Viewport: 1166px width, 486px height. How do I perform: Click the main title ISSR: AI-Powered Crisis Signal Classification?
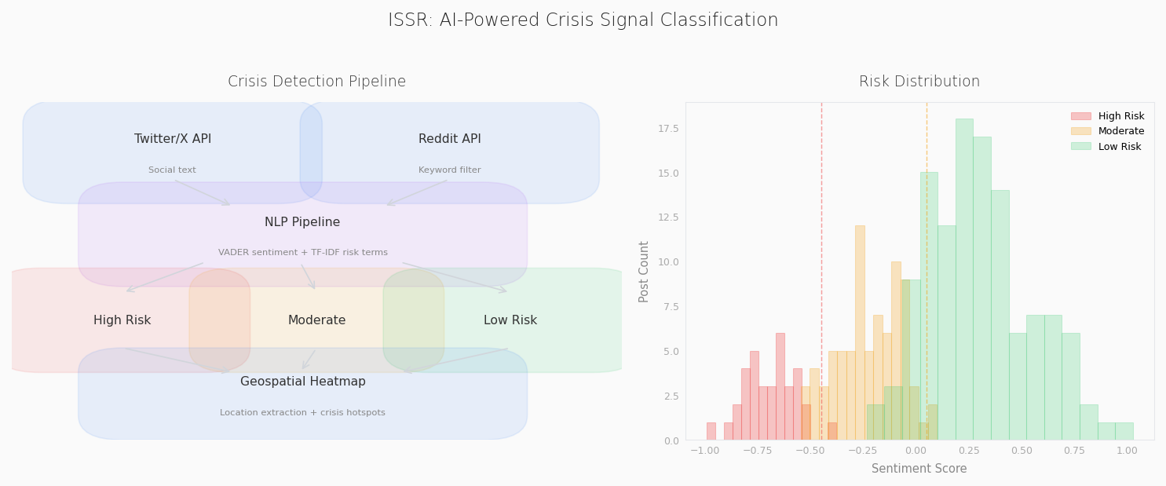(x=583, y=20)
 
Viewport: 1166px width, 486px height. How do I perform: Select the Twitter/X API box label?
(x=173, y=139)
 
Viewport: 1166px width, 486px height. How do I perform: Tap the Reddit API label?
(x=449, y=139)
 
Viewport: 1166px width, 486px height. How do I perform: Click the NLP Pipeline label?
(x=302, y=222)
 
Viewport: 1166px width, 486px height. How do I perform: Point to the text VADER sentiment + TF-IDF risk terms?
(x=302, y=253)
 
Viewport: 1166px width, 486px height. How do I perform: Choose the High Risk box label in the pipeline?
(x=122, y=320)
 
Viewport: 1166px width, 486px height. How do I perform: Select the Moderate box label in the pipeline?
(x=316, y=320)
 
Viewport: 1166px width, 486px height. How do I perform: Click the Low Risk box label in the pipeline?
(x=510, y=320)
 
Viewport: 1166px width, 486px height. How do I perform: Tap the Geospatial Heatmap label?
(x=302, y=382)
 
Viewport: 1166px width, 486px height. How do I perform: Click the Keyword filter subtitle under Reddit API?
(x=449, y=170)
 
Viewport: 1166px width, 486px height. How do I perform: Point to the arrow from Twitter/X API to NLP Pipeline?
(x=202, y=193)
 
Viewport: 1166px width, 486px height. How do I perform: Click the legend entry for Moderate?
(x=1121, y=131)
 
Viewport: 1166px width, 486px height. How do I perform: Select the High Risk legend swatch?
(x=1080, y=116)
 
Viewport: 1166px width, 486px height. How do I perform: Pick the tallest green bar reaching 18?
(x=964, y=279)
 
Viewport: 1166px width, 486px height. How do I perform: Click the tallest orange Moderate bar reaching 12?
(x=860, y=332)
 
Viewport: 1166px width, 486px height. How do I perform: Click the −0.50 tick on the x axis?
(x=811, y=451)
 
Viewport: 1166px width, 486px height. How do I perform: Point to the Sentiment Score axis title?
(x=919, y=469)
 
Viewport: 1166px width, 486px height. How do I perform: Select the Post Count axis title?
(x=645, y=271)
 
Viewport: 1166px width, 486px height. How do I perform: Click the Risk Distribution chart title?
(x=919, y=82)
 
